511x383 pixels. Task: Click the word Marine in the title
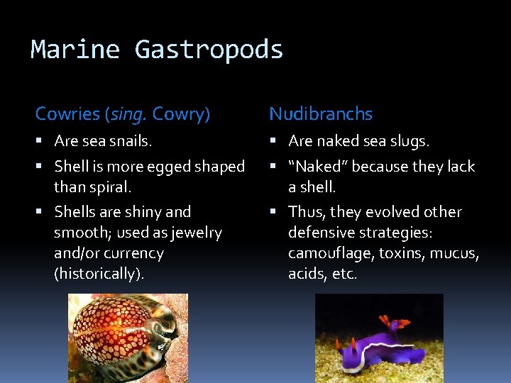click(76, 50)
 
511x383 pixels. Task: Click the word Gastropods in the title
click(209, 50)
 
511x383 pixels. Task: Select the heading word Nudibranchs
click(321, 113)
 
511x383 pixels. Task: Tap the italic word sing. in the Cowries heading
click(129, 114)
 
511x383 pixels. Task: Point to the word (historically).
click(99, 274)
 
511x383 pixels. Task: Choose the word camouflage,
click(321, 253)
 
